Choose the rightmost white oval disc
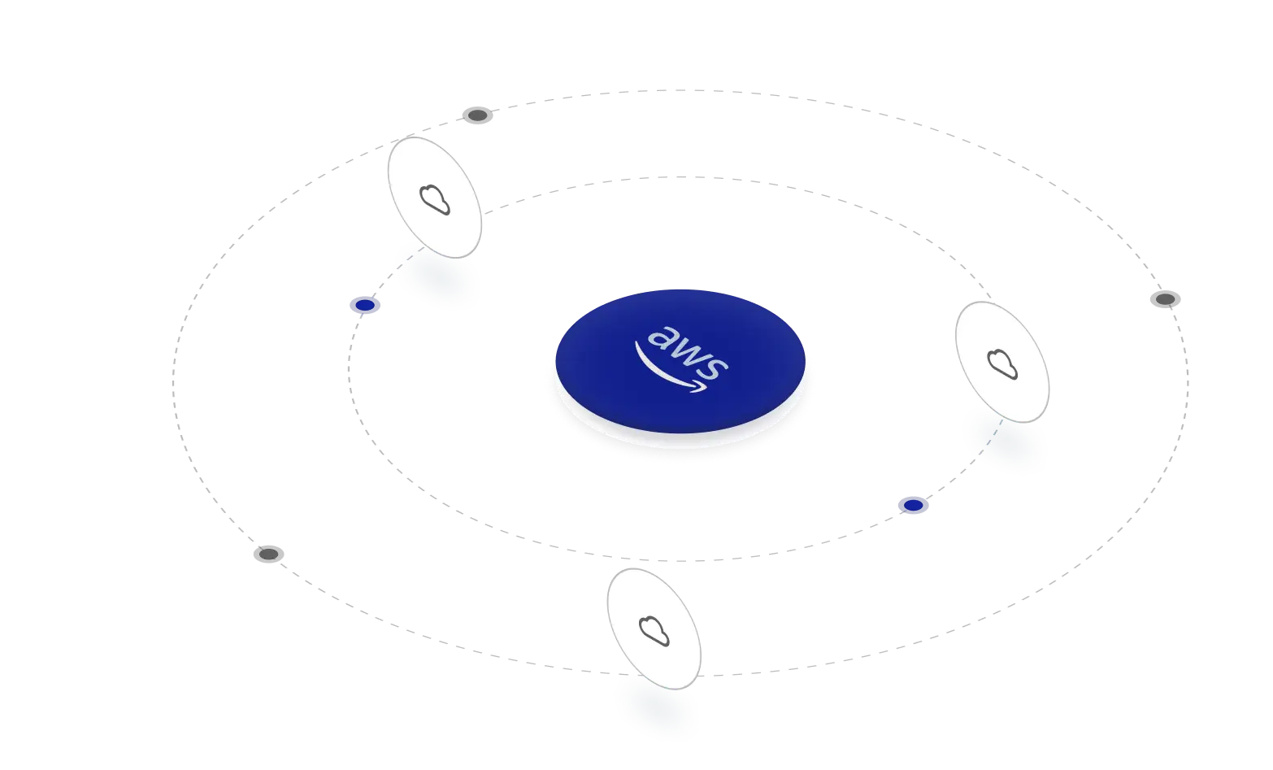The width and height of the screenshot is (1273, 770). pos(1003,362)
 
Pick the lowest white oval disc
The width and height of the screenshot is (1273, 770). pos(654,629)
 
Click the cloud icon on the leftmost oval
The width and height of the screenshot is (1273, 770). pos(435,199)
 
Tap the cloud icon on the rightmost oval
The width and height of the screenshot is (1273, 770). pos(1003,363)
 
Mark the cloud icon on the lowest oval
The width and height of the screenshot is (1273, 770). pos(654,631)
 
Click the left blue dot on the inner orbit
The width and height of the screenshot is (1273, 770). pos(365,306)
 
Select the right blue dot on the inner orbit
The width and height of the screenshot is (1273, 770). pos(914,506)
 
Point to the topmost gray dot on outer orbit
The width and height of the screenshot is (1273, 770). pos(478,115)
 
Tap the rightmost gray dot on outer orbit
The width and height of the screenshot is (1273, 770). pos(1165,299)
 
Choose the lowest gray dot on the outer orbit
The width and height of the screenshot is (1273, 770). pos(268,555)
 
